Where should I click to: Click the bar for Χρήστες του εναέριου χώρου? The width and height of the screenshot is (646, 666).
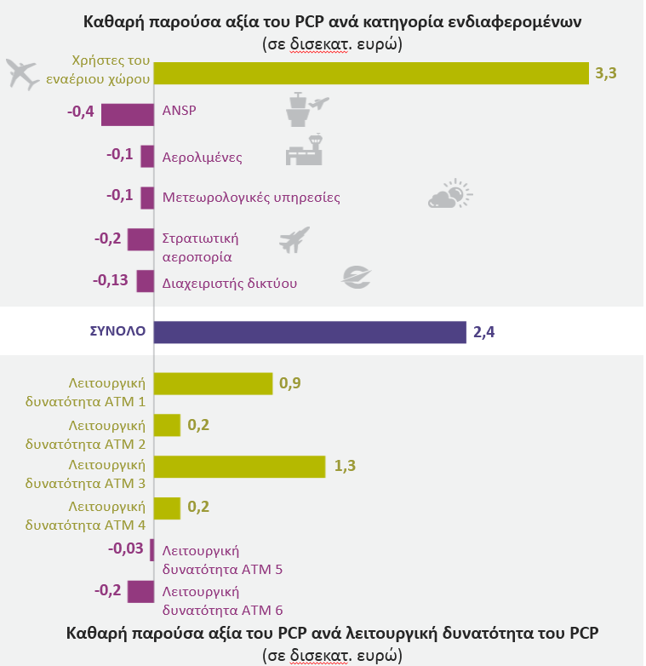(371, 73)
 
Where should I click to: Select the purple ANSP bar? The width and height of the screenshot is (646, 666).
(128, 114)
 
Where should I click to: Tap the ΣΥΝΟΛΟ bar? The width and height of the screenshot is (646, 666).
(310, 332)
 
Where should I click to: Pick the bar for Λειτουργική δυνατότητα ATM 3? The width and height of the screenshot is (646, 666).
(240, 467)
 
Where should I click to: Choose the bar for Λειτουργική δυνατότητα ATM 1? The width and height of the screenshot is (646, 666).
(213, 385)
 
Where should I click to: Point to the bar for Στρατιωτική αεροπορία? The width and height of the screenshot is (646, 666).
(140, 239)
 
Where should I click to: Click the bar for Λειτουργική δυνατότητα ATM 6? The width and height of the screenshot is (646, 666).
(140, 592)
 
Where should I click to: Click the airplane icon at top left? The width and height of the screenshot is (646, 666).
(23, 74)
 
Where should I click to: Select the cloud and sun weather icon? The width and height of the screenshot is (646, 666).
(449, 195)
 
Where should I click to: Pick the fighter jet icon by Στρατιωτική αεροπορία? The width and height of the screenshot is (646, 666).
(294, 239)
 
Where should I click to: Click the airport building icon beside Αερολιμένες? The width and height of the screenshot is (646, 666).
(305, 149)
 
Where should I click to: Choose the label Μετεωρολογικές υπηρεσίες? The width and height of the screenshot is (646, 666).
(251, 198)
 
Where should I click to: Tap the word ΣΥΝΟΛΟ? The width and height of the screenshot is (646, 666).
(118, 331)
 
